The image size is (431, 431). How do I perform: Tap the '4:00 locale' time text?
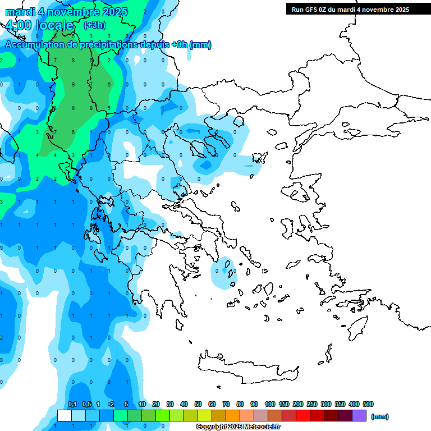(39, 25)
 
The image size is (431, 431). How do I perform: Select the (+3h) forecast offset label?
(93, 25)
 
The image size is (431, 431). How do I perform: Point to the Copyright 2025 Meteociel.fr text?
(238, 427)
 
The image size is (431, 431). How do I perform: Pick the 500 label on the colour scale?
(368, 404)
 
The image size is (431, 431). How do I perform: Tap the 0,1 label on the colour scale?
(72, 404)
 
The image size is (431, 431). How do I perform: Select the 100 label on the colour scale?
(269, 404)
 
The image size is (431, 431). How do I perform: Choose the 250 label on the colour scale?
(312, 404)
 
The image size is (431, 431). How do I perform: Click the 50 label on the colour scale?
(198, 404)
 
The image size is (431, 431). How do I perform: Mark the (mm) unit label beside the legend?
(380, 416)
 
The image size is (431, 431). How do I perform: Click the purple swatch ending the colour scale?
(359, 416)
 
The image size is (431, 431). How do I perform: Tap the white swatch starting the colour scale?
(65, 416)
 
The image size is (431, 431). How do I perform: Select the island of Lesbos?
(297, 192)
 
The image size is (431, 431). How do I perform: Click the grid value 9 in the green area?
(73, 85)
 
